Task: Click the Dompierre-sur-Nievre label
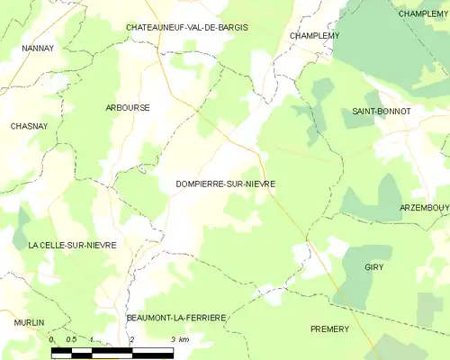(225, 183)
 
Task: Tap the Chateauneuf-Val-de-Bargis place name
(187, 28)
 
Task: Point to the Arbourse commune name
(127, 107)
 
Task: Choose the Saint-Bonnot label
(382, 111)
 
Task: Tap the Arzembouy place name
(425, 208)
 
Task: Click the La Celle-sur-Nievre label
(72, 245)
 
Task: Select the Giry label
(374, 268)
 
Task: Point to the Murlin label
(28, 321)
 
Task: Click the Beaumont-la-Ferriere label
(175, 318)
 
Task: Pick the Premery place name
(328, 329)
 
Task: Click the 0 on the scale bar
(51, 339)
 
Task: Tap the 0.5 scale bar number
(71, 339)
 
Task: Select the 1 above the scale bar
(92, 339)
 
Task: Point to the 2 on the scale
(132, 339)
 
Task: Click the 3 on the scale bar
(172, 339)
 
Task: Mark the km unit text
(184, 339)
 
